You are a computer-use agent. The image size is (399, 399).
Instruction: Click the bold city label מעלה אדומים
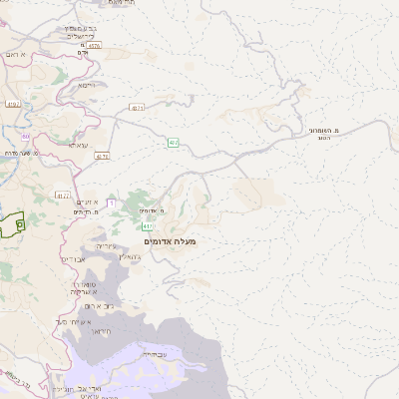pos(171,242)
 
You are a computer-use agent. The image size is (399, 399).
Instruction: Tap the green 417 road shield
pos(148,227)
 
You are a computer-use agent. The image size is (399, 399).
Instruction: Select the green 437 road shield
pos(174,143)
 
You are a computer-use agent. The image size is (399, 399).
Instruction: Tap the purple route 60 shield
pos(27,136)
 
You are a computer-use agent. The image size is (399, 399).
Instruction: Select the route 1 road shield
pos(111,203)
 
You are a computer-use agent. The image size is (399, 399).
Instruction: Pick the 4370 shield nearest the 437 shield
pos(137,108)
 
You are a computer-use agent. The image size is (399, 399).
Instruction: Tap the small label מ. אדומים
pos(152,211)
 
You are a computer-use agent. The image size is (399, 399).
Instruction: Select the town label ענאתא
pos(78,146)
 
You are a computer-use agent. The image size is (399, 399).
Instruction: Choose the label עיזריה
pos(105,245)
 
